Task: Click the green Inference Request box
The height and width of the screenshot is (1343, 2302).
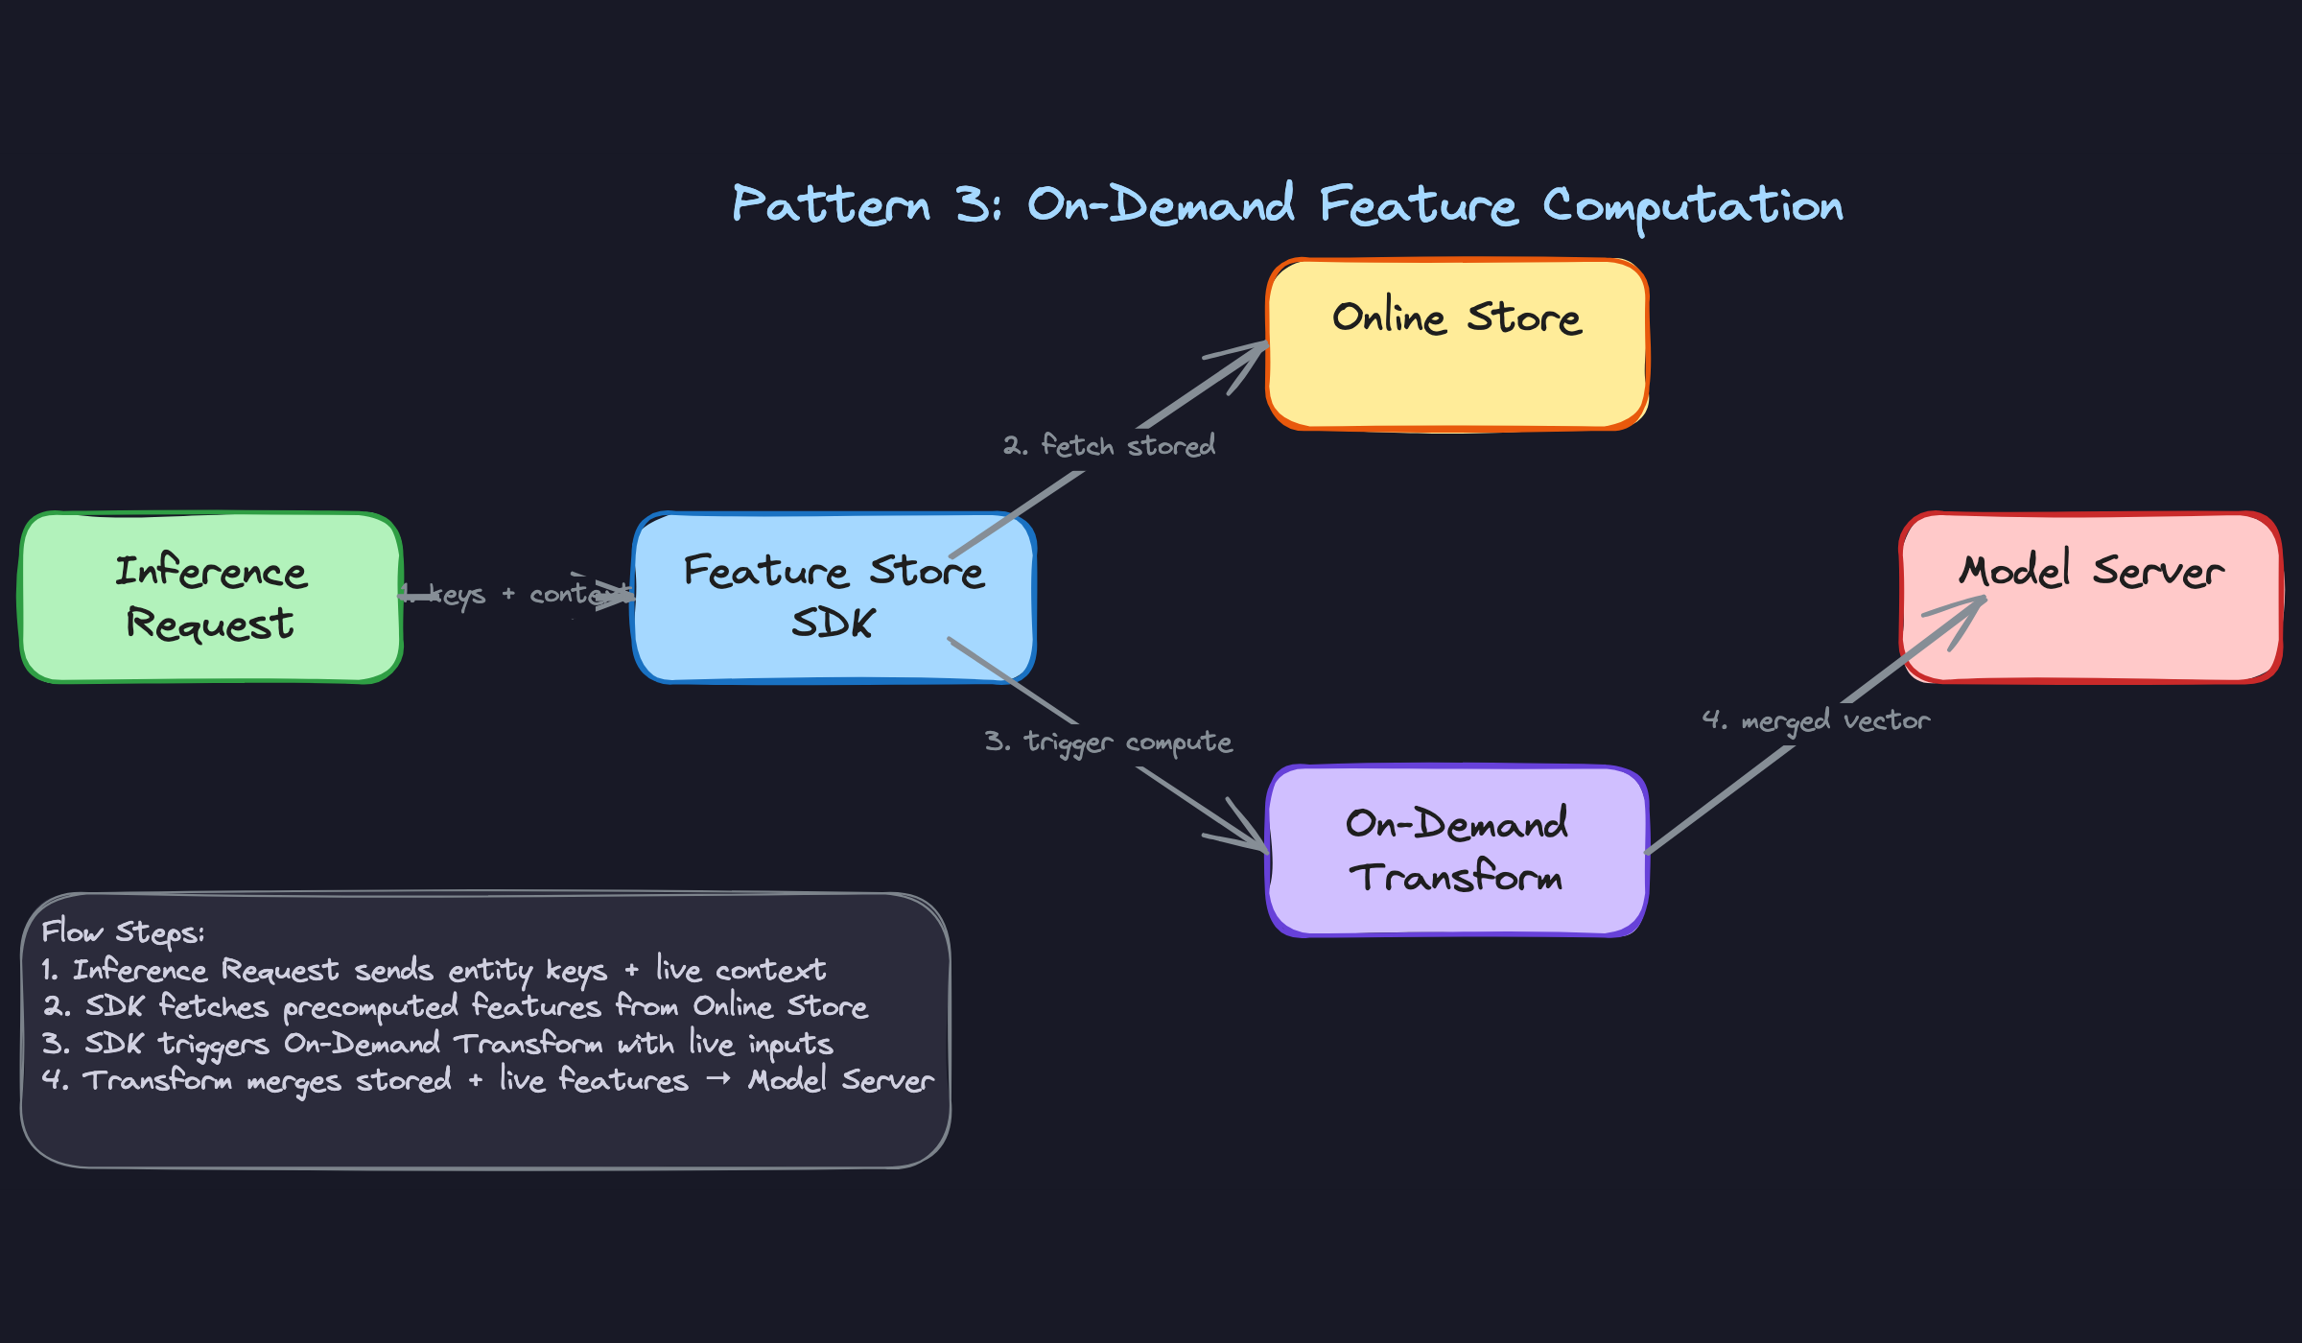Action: coord(210,597)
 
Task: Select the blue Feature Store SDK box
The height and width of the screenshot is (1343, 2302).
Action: coord(833,597)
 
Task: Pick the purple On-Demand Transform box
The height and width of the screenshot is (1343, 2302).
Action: coord(1456,850)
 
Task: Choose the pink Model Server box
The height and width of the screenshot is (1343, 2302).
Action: coord(2091,597)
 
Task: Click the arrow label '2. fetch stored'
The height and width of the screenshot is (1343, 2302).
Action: coord(1110,446)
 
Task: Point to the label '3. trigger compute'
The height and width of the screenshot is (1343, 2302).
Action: coord(1108,742)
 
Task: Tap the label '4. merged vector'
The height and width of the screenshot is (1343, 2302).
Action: coord(1816,720)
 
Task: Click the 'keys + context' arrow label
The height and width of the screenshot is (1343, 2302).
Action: coord(518,595)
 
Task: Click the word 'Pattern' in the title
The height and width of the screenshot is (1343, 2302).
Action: coord(831,204)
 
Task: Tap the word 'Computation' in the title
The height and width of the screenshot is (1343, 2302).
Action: coord(1693,206)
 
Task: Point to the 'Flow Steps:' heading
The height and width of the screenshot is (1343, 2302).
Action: coord(123,932)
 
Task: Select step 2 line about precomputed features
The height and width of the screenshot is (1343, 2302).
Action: coord(456,1006)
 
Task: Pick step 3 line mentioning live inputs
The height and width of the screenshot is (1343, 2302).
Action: coord(437,1044)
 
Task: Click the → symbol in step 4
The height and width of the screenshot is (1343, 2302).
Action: coord(718,1080)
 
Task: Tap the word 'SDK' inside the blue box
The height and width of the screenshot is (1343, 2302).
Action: coord(833,624)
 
